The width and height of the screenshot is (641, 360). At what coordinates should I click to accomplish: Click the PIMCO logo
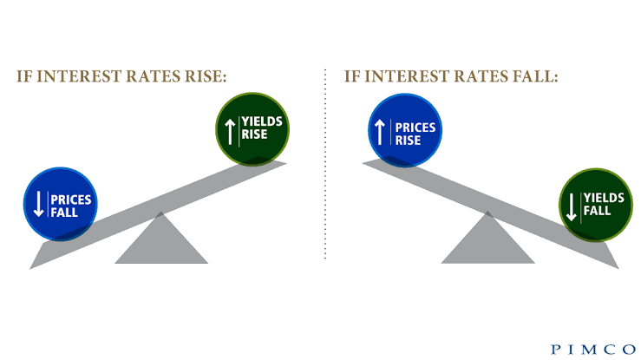[593, 350]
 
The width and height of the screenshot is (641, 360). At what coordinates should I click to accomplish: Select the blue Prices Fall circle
[61, 204]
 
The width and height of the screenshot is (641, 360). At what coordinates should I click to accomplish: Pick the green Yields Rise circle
[252, 129]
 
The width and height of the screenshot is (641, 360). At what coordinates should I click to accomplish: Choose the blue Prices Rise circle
[405, 130]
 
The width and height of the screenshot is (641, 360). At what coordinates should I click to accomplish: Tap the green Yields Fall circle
[596, 205]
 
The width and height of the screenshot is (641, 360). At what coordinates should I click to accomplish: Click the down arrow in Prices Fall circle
[38, 204]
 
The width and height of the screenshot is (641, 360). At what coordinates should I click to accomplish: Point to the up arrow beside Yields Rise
[230, 132]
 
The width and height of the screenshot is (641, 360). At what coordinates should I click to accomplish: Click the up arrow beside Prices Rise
[380, 132]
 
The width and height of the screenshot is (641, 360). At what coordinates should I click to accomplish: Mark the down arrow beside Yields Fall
[572, 206]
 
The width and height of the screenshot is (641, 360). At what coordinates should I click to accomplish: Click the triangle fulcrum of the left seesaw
[161, 238]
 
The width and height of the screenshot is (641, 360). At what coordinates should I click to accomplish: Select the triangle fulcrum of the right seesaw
[487, 238]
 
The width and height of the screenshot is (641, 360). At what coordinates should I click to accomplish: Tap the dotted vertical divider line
[325, 164]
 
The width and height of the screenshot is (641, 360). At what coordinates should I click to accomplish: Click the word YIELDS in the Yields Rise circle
[262, 121]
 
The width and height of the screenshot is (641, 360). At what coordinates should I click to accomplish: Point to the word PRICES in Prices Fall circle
[71, 200]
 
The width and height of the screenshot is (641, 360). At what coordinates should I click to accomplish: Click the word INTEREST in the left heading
[79, 76]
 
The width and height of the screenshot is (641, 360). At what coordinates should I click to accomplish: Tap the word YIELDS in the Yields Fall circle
[604, 198]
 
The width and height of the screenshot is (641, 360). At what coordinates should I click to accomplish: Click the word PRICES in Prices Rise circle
[415, 128]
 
